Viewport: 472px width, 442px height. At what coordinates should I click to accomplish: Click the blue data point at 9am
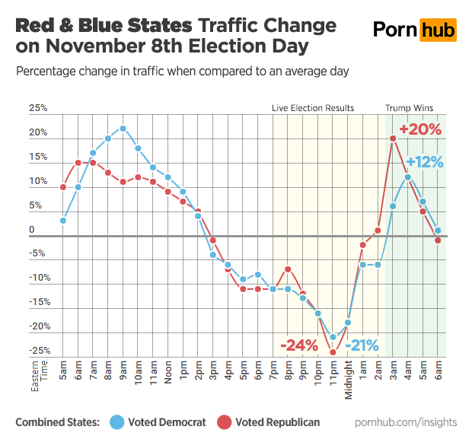pyautogui.click(x=123, y=129)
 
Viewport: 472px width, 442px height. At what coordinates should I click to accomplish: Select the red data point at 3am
pyautogui.click(x=393, y=138)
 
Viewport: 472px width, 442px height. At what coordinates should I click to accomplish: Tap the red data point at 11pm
pyautogui.click(x=333, y=352)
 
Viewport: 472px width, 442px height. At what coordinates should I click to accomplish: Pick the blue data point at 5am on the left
pyautogui.click(x=63, y=221)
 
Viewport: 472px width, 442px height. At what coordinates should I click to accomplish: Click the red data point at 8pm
pyautogui.click(x=288, y=269)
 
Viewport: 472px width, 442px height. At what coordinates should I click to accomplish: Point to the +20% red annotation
pyautogui.click(x=420, y=129)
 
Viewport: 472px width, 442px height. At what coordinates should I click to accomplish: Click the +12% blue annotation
pyautogui.click(x=424, y=162)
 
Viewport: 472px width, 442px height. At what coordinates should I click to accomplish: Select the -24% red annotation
pyautogui.click(x=299, y=346)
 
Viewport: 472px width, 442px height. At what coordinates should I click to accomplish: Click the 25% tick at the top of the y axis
pyautogui.click(x=38, y=109)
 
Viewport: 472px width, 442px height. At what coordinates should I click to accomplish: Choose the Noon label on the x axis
pyautogui.click(x=167, y=370)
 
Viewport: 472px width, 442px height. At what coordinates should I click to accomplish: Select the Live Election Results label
pyautogui.click(x=313, y=108)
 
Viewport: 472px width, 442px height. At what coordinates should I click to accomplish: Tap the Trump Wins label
pyautogui.click(x=409, y=108)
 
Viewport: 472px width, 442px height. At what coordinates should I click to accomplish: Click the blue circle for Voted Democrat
pyautogui.click(x=119, y=421)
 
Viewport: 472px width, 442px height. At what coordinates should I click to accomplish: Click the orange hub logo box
pyautogui.click(x=438, y=30)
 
